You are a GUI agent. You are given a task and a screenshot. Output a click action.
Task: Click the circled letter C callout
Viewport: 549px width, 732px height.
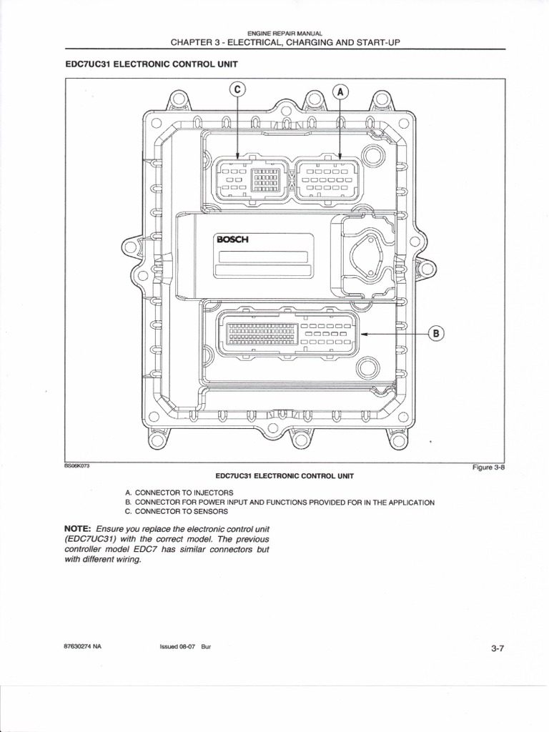[x=237, y=89]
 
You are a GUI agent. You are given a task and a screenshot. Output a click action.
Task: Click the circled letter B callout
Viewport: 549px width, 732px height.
[x=436, y=333]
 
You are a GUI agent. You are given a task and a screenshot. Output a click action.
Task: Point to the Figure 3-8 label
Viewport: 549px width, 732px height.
[x=489, y=468]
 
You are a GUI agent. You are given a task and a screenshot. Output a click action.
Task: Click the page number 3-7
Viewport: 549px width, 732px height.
[x=498, y=648]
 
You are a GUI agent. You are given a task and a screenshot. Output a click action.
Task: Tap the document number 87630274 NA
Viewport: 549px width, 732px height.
[x=83, y=646]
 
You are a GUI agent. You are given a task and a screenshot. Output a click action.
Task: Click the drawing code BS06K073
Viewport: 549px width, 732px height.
[x=76, y=465]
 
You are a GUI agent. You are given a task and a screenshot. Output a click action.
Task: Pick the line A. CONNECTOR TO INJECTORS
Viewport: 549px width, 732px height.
[x=179, y=493]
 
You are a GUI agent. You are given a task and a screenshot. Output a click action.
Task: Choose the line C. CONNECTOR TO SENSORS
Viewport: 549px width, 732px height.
[x=176, y=512]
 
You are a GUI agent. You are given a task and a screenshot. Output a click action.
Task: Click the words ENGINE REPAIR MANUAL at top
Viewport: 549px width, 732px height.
[x=285, y=34]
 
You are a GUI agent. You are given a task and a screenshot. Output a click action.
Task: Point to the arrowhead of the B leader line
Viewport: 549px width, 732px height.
[x=362, y=333]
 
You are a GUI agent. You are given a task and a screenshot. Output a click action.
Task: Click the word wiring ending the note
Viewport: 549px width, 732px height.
[x=129, y=560]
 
